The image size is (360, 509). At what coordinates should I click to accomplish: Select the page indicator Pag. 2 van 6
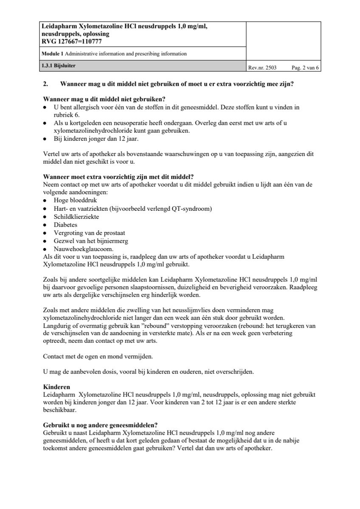[x=305, y=67]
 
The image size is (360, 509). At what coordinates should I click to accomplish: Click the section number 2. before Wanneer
[x=46, y=84]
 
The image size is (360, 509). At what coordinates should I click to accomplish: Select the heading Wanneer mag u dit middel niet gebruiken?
[x=104, y=100]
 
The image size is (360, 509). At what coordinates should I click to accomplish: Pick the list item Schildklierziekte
[x=76, y=216]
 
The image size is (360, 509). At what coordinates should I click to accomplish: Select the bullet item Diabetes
[x=65, y=225]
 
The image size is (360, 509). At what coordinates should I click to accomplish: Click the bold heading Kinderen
[x=56, y=387]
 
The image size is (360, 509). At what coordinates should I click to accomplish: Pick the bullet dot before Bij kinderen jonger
[x=45, y=138]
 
